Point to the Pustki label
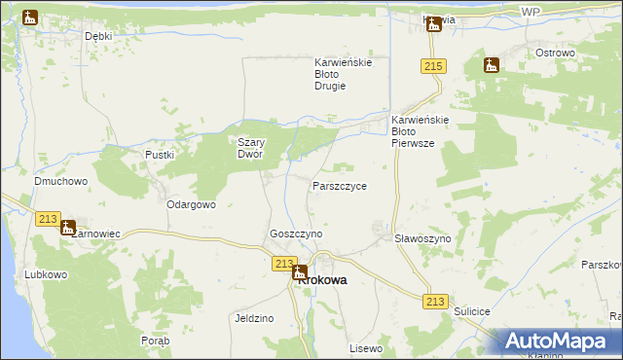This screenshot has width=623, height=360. pyautogui.click(x=159, y=155)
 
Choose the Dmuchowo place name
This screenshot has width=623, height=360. pyautogui.click(x=61, y=181)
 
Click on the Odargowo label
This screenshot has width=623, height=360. pyautogui.click(x=191, y=205)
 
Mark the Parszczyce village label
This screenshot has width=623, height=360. pyautogui.click(x=340, y=185)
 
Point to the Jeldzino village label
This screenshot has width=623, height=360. pyautogui.click(x=254, y=318)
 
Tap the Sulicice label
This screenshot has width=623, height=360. pyautogui.click(x=474, y=310)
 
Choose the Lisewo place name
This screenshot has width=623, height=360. pyautogui.click(x=366, y=347)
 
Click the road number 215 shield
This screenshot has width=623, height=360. pyautogui.click(x=434, y=66)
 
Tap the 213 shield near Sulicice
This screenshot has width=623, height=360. pyautogui.click(x=435, y=303)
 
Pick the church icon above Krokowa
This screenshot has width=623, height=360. pyautogui.click(x=300, y=273)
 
